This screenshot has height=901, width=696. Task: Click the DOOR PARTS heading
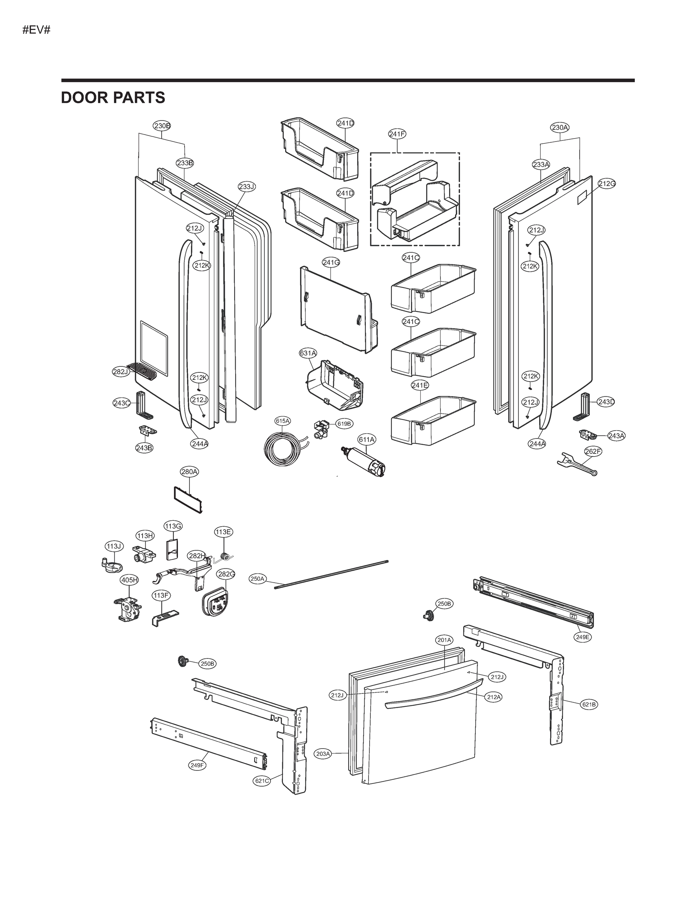click(113, 98)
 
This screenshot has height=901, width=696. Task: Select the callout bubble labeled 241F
click(397, 134)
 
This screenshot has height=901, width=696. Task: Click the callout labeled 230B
click(162, 126)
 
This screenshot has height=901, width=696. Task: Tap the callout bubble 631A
click(308, 353)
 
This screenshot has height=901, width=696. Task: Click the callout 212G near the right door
click(607, 184)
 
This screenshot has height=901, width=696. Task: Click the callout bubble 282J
click(121, 372)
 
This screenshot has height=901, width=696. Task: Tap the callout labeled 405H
click(129, 580)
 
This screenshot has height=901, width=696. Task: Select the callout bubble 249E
click(583, 637)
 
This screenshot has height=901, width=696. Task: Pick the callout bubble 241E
click(420, 385)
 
